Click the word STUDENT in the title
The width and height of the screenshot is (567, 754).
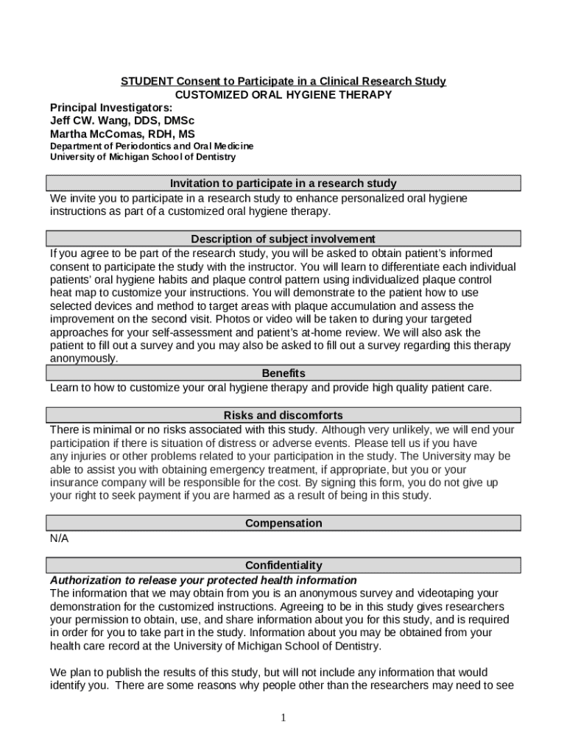[x=147, y=81]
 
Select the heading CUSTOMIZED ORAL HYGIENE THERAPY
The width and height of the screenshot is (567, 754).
[x=283, y=95]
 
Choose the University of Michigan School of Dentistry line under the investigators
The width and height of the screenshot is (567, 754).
[x=143, y=157]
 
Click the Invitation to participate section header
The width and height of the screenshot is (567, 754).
[x=283, y=183]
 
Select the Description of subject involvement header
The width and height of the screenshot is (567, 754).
[x=283, y=239]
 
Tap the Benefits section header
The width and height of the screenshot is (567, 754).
[x=283, y=373]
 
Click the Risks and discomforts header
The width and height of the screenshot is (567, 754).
[x=283, y=415]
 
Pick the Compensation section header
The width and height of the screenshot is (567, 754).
[x=283, y=523]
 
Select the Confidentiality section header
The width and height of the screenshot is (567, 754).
[x=283, y=565]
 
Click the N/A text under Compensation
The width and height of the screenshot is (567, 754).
[x=59, y=538]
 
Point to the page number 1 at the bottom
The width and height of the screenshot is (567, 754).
[x=283, y=719]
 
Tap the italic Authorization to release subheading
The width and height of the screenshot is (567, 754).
[x=202, y=580]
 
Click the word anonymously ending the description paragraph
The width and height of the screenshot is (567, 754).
[x=82, y=359]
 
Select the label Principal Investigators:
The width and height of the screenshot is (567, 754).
[x=110, y=108]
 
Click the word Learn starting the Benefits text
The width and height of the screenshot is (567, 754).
[x=63, y=387]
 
